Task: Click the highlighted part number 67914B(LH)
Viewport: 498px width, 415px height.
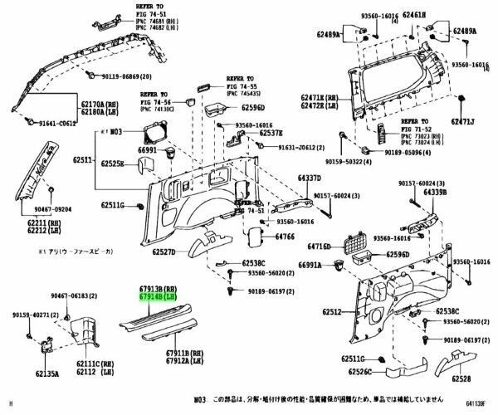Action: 156,295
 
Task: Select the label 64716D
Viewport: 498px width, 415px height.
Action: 320,247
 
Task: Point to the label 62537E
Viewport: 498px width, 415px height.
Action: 270,133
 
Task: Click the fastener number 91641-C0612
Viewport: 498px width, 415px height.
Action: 57,122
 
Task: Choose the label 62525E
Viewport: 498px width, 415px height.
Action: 113,164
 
